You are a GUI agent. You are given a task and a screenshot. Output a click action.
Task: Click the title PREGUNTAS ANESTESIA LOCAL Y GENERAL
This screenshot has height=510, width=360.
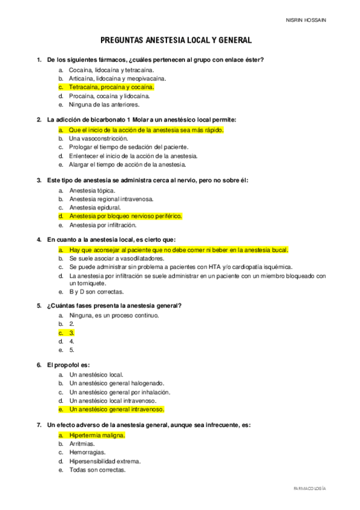click(176, 40)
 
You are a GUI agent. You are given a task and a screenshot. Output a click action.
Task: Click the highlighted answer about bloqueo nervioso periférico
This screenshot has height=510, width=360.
click(126, 216)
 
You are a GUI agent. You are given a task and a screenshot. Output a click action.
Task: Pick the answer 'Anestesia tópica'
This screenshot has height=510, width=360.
click(92, 190)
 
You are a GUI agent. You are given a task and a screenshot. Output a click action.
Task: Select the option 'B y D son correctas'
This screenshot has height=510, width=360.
click(96, 292)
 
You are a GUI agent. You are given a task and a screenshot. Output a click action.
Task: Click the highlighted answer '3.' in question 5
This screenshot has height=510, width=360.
click(72, 332)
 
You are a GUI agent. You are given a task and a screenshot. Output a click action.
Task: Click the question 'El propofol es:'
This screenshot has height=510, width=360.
click(67, 364)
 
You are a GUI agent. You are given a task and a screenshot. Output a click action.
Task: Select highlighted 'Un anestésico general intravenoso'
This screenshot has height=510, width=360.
click(117, 409)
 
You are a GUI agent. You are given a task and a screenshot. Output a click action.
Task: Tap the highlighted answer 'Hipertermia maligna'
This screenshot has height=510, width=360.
click(97, 434)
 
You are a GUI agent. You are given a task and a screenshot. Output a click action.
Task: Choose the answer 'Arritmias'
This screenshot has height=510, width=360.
click(82, 443)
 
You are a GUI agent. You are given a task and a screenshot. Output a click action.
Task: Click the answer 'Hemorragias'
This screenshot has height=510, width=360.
click(87, 452)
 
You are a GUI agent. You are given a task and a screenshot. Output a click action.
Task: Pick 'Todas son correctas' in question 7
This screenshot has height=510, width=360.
click(97, 470)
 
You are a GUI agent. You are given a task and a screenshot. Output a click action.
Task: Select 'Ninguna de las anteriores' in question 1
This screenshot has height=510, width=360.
click(104, 104)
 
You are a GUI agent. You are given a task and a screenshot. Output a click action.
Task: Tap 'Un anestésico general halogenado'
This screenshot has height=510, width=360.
click(117, 383)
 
